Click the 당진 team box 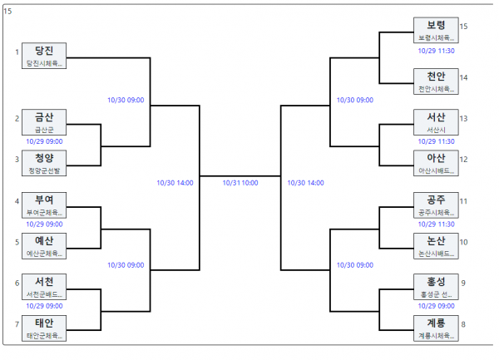44,56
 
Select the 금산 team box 44,122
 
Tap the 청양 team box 44,163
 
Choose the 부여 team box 44,205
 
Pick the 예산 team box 44,246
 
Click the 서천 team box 44,287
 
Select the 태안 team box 44,328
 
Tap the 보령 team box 436,30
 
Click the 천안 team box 436,81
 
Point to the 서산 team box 436,122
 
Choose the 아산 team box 436,163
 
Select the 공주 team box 436,205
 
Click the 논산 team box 436,246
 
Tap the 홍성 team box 436,287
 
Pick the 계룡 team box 436,328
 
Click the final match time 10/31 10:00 240,183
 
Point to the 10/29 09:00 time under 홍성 437,306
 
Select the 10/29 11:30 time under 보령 437,51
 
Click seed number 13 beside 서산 463,119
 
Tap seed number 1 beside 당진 17,52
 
